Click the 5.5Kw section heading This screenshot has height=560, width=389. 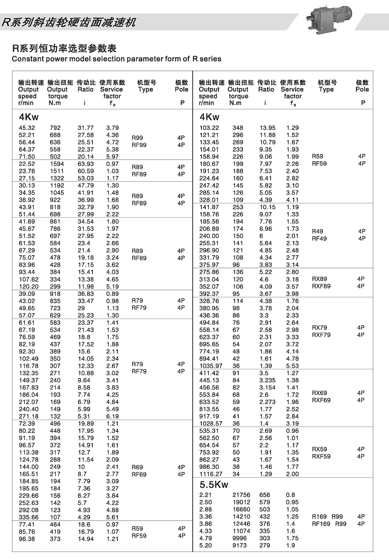click(x=214, y=484)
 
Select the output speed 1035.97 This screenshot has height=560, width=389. click(x=211, y=366)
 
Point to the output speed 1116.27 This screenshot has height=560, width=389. click(x=211, y=474)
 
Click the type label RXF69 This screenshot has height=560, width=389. click(x=321, y=400)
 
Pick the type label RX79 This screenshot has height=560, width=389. click(x=319, y=328)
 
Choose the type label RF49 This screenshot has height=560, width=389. click(x=319, y=238)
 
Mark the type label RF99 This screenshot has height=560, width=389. click(x=139, y=145)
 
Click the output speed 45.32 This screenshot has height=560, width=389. click(x=27, y=128)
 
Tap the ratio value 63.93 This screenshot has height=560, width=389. click(x=86, y=164)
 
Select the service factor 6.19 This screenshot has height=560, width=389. click(x=112, y=416)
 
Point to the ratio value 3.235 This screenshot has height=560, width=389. click(x=267, y=380)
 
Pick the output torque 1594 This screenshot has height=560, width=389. click(x=57, y=164)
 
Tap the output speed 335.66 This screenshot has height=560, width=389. click(x=29, y=517)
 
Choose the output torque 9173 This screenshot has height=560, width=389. click(x=240, y=545)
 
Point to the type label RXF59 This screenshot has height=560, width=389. click(x=321, y=456)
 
